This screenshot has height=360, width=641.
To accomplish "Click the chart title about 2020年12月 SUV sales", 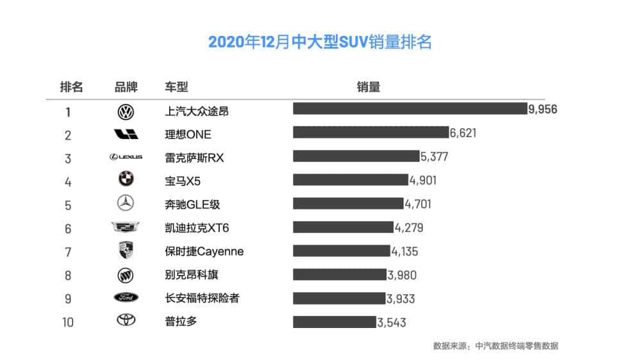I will point(320,42).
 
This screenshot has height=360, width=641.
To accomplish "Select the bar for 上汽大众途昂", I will point(410,109).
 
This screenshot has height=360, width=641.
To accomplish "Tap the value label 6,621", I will point(463,133).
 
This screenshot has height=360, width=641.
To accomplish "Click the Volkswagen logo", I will point(126,112).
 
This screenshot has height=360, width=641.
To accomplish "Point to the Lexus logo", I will point(126,157).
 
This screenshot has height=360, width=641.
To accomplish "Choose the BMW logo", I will point(126,179).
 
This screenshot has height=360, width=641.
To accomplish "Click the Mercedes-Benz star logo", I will point(126,203).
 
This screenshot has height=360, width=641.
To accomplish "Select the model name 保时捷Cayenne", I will point(204,251).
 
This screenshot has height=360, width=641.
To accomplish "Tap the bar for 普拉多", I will point(334,322).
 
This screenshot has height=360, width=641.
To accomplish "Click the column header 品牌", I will point(126,87).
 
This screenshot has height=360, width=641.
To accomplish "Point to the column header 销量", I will point(369,87).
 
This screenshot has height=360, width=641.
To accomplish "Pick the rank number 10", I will point(67,322).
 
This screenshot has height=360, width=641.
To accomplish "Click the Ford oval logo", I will point(126,298).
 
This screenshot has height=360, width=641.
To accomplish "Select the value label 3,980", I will point(402,275).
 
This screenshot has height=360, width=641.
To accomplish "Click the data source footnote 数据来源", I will point(495,346).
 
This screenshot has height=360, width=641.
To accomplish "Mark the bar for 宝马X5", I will point(350,179).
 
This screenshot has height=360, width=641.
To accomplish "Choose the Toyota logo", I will point(126,320).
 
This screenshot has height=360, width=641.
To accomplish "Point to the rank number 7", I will point(67,252).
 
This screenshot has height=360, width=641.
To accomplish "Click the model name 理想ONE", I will point(188,135).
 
